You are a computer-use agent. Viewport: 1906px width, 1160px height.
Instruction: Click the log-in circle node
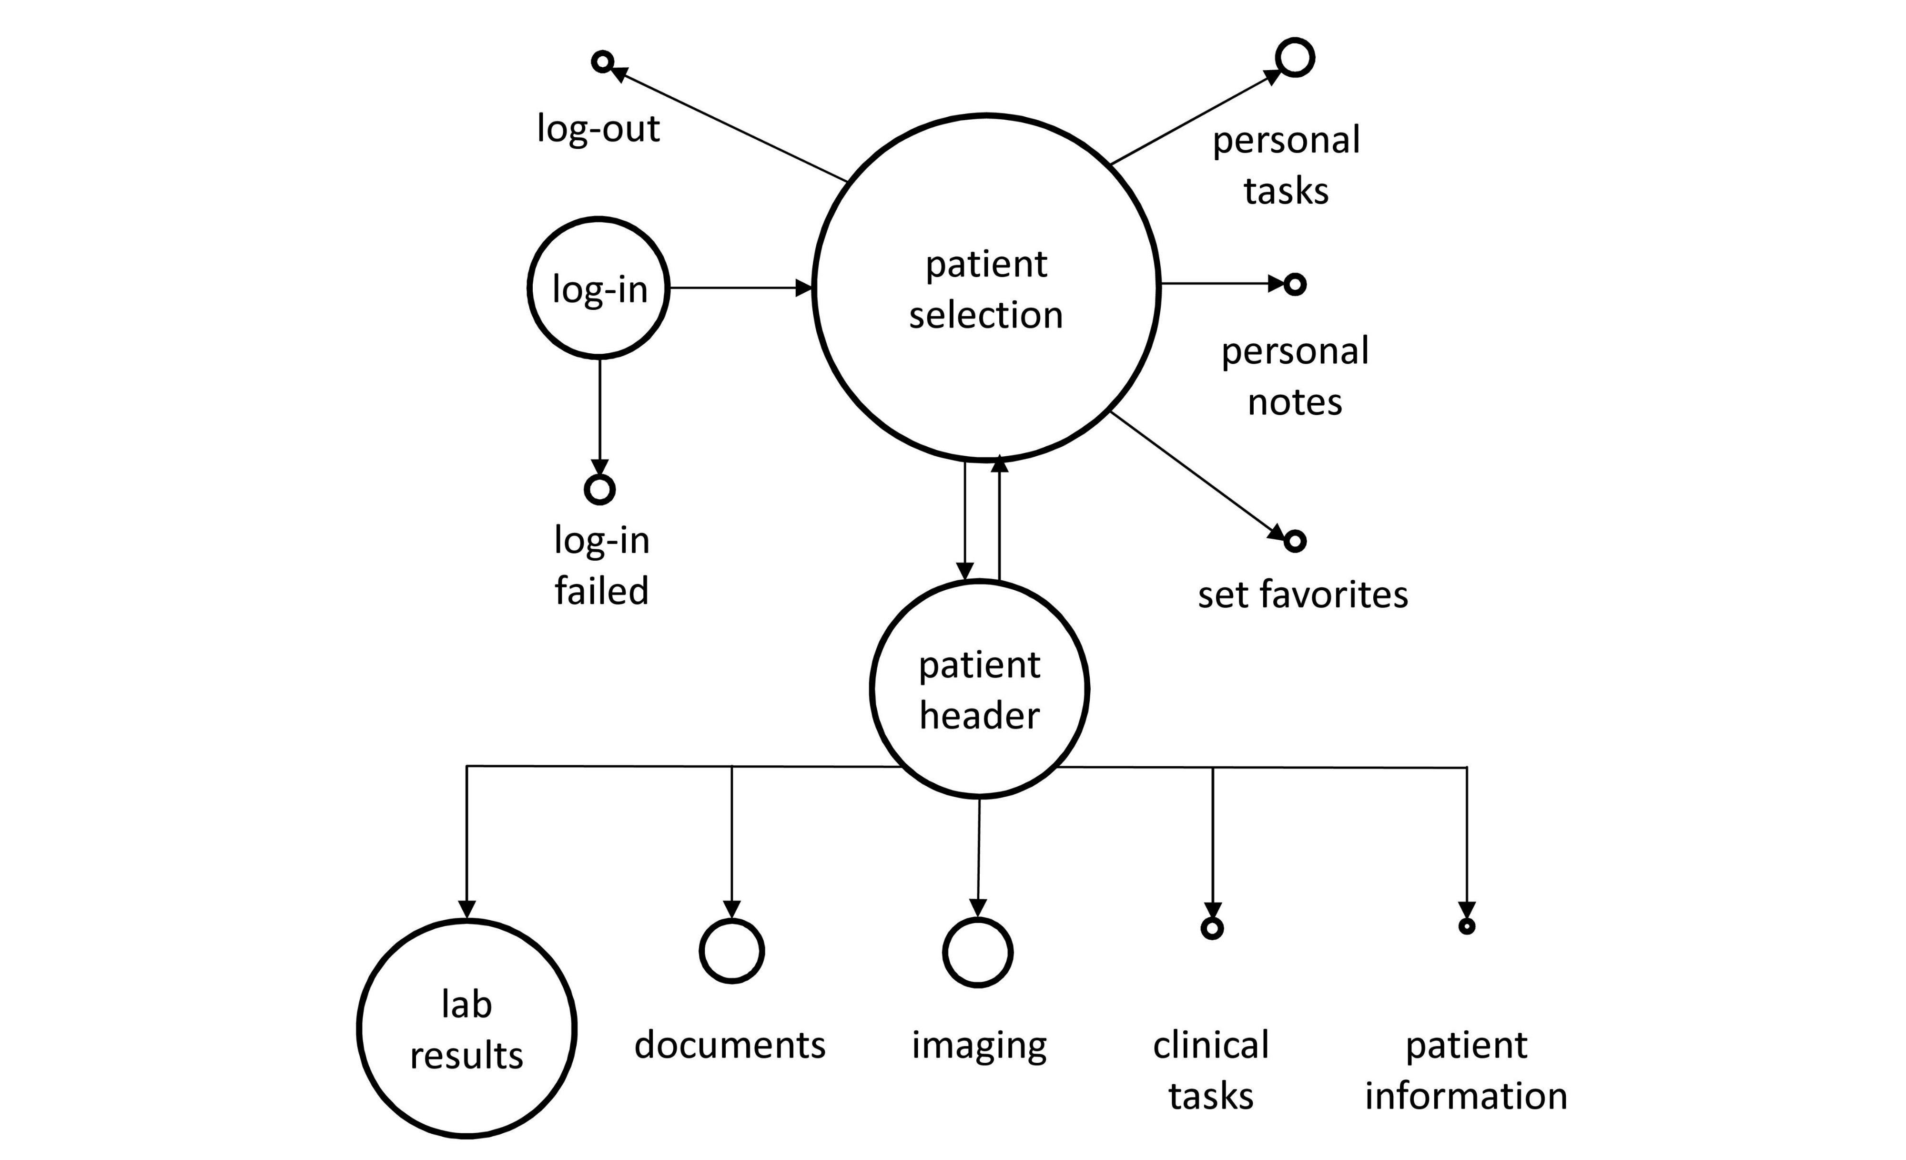tap(598, 288)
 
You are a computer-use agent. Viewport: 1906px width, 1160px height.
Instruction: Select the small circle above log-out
tap(603, 61)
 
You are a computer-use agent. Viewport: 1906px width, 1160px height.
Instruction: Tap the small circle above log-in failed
tap(599, 489)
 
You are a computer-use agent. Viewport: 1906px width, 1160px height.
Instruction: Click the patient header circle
tap(979, 689)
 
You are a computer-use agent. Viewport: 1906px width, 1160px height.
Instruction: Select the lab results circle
tap(466, 1028)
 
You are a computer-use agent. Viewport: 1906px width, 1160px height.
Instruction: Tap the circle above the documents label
tap(732, 951)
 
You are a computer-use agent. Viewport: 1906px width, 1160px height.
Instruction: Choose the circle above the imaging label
tap(978, 953)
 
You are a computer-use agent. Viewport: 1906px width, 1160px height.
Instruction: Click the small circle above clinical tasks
tap(1212, 928)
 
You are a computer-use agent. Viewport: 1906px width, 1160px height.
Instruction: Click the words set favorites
tap(1303, 595)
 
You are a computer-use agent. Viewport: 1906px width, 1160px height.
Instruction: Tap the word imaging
tap(979, 1046)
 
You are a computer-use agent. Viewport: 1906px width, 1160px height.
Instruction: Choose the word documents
tap(730, 1046)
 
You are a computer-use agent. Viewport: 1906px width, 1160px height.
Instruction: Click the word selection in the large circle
tap(985, 315)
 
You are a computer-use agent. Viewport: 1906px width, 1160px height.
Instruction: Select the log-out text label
tap(598, 128)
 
